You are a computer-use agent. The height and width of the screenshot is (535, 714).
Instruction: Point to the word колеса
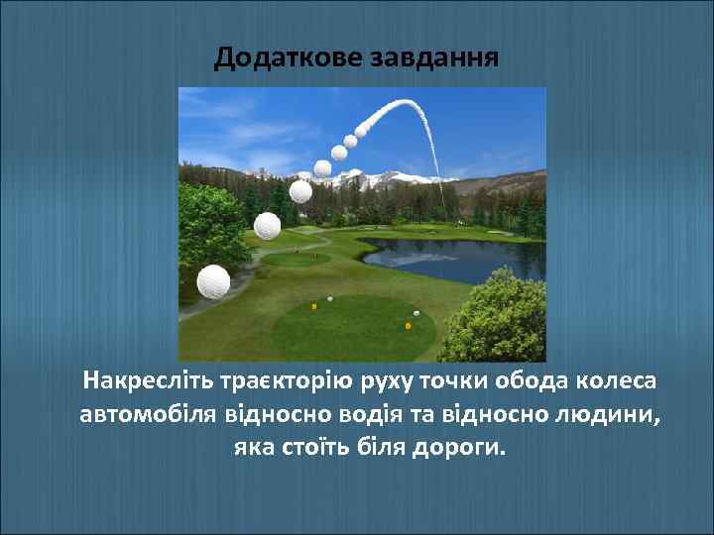(x=618, y=381)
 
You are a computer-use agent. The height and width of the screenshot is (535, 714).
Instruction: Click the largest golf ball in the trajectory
(x=213, y=281)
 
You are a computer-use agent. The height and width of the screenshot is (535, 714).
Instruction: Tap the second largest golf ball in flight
(x=267, y=226)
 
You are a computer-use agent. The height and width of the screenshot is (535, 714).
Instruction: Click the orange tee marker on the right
(x=408, y=325)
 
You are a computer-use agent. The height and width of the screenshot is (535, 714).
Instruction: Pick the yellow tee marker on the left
(x=314, y=306)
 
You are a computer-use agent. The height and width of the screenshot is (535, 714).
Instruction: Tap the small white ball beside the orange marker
(x=416, y=314)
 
